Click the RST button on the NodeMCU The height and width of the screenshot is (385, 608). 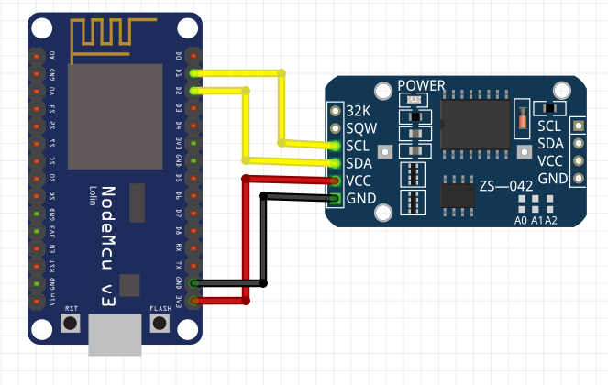point(71,323)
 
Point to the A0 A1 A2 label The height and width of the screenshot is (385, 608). point(536,221)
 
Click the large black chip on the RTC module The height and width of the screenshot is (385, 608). point(475,125)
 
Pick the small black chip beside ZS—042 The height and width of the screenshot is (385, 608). point(456,195)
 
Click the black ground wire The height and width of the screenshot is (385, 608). point(264,238)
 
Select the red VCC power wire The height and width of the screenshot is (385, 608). point(245,238)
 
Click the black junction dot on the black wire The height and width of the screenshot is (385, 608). point(264,283)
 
